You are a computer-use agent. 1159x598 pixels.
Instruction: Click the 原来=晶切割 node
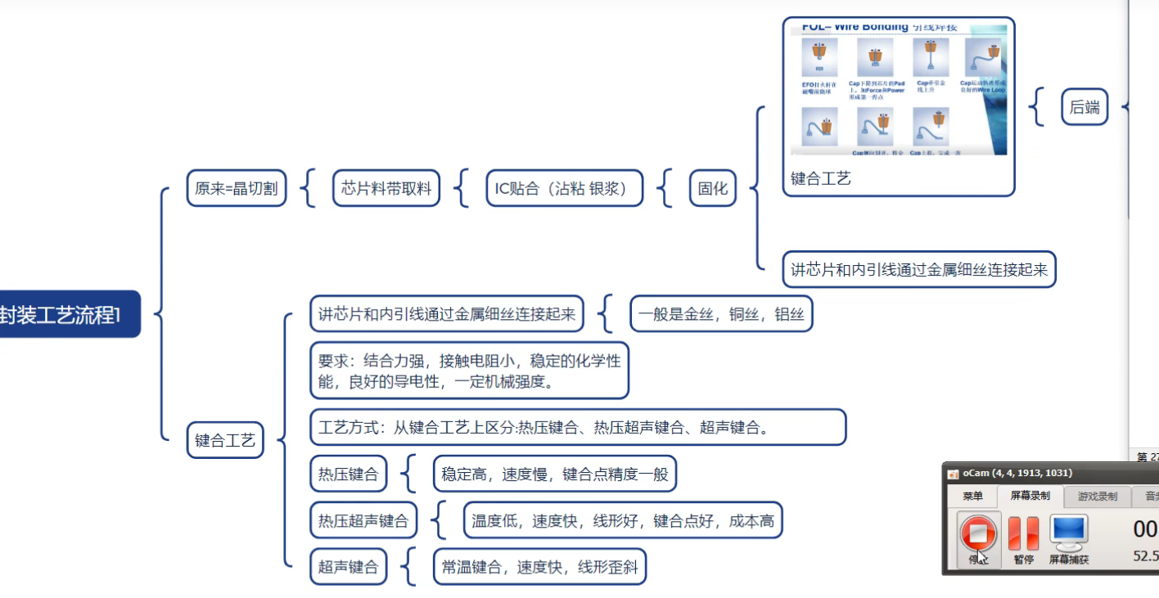(x=236, y=189)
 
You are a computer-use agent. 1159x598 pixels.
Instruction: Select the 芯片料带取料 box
(x=386, y=189)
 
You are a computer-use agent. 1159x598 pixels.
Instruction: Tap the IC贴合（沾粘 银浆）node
(x=564, y=189)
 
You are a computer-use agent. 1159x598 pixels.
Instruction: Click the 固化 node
(x=712, y=189)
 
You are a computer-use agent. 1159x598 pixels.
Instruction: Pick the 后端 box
(x=1085, y=107)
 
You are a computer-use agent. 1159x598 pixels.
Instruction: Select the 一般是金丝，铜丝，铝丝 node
(x=721, y=314)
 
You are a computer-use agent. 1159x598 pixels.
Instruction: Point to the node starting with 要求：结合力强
(x=469, y=371)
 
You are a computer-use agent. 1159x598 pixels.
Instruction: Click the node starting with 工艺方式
(x=577, y=427)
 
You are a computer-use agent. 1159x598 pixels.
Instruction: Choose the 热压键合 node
(x=348, y=474)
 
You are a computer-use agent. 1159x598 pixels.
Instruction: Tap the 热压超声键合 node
(x=363, y=520)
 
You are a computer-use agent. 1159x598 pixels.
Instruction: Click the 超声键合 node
(x=348, y=566)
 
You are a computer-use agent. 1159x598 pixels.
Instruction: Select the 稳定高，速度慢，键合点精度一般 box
(x=554, y=474)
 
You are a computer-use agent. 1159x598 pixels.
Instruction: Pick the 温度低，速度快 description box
(x=622, y=520)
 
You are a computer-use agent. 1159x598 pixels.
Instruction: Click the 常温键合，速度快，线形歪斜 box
(x=539, y=566)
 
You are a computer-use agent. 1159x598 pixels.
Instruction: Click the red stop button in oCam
(x=978, y=533)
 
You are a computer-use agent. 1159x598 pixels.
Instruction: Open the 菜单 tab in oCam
(x=972, y=497)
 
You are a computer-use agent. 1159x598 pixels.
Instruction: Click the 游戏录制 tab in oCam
(x=1097, y=497)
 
